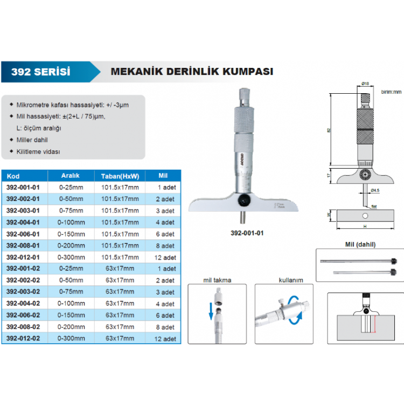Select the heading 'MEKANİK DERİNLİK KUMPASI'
point(191,71)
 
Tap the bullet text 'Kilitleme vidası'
point(39,152)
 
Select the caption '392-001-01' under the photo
point(246,234)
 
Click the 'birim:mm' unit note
point(391,92)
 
